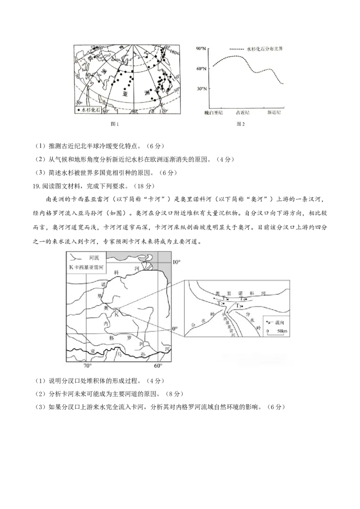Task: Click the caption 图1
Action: click(115, 123)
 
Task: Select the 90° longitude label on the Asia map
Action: click(134, 111)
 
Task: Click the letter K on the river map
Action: click(116, 315)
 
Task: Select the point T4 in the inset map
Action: click(243, 299)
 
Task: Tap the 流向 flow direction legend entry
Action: click(280, 322)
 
